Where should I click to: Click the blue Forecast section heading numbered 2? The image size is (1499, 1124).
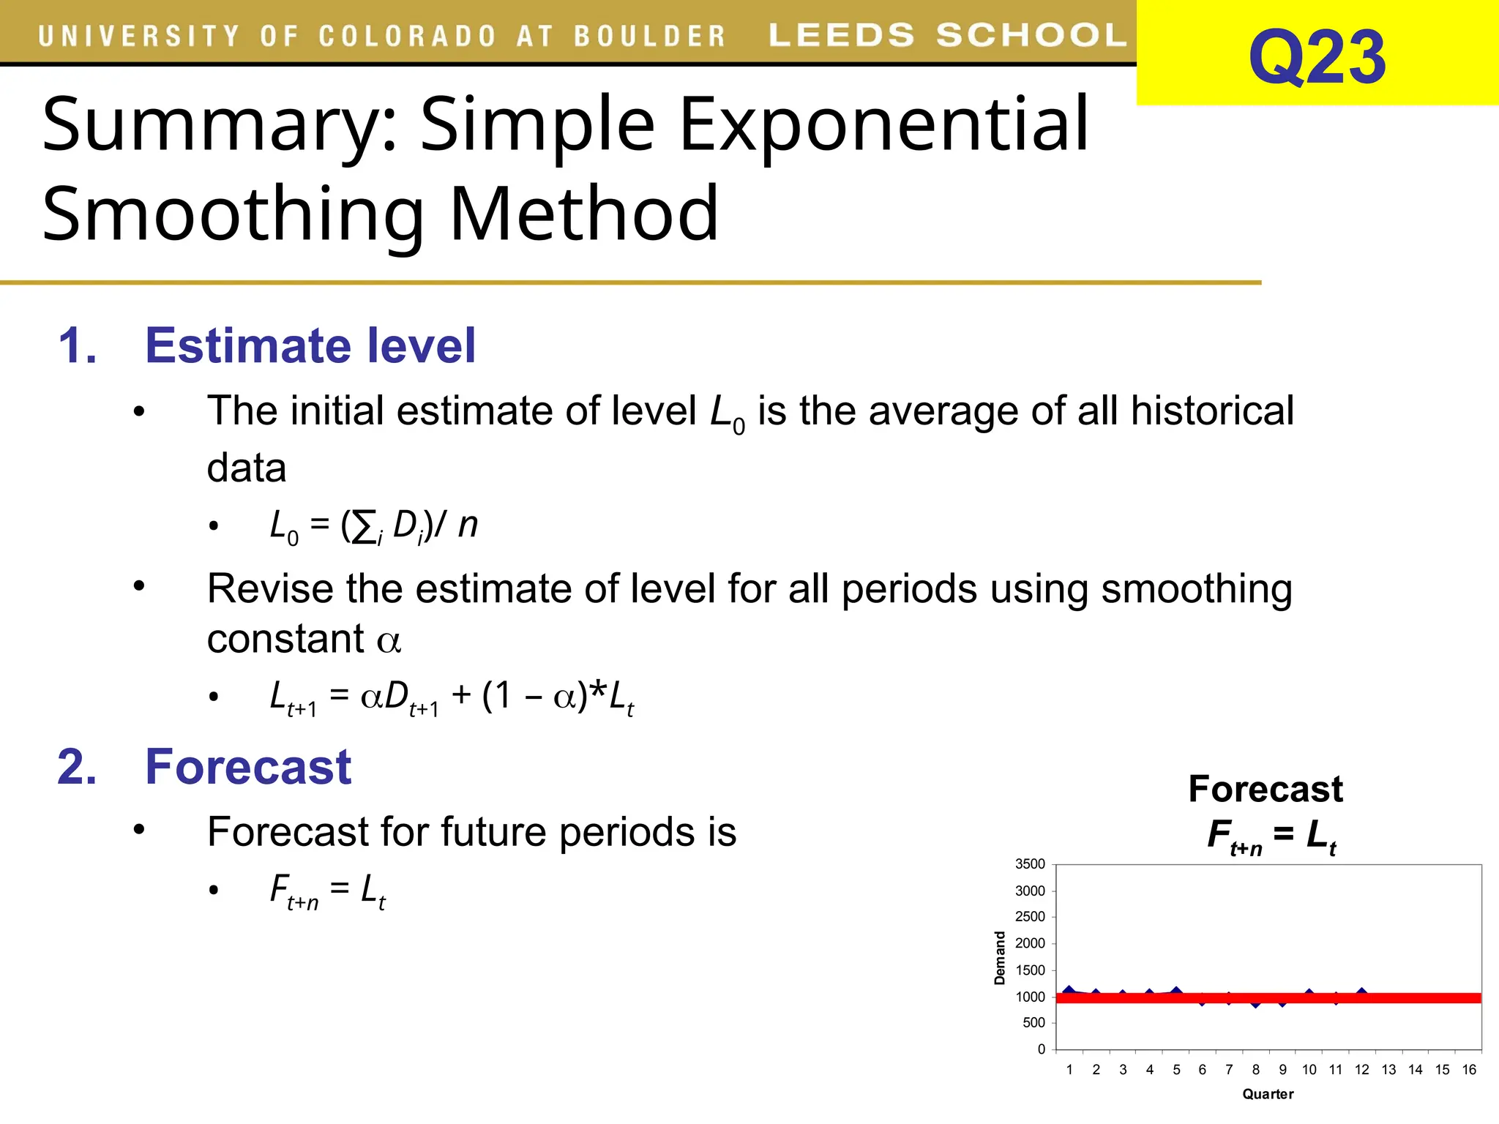pos(248,767)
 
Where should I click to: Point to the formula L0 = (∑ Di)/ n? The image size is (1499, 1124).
pos(373,526)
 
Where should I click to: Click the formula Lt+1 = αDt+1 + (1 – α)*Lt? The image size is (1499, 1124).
pos(451,697)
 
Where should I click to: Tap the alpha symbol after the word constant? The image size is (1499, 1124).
pos(389,641)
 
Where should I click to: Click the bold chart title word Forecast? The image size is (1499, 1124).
pos(1265,789)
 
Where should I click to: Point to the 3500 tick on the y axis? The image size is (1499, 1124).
pos(1030,864)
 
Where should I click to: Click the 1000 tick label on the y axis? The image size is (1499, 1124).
pos(1030,997)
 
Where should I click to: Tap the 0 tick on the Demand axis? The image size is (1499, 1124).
pos(1042,1049)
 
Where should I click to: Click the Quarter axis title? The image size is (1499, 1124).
pos(1268,1094)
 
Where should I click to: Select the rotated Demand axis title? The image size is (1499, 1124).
pos(1000,958)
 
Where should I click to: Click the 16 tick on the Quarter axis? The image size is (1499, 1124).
pos(1468,1070)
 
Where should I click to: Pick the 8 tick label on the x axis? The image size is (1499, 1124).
pos(1256,1070)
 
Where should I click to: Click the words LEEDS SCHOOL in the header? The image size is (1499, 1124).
pos(947,35)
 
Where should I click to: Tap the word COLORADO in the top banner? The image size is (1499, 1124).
pos(408,36)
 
